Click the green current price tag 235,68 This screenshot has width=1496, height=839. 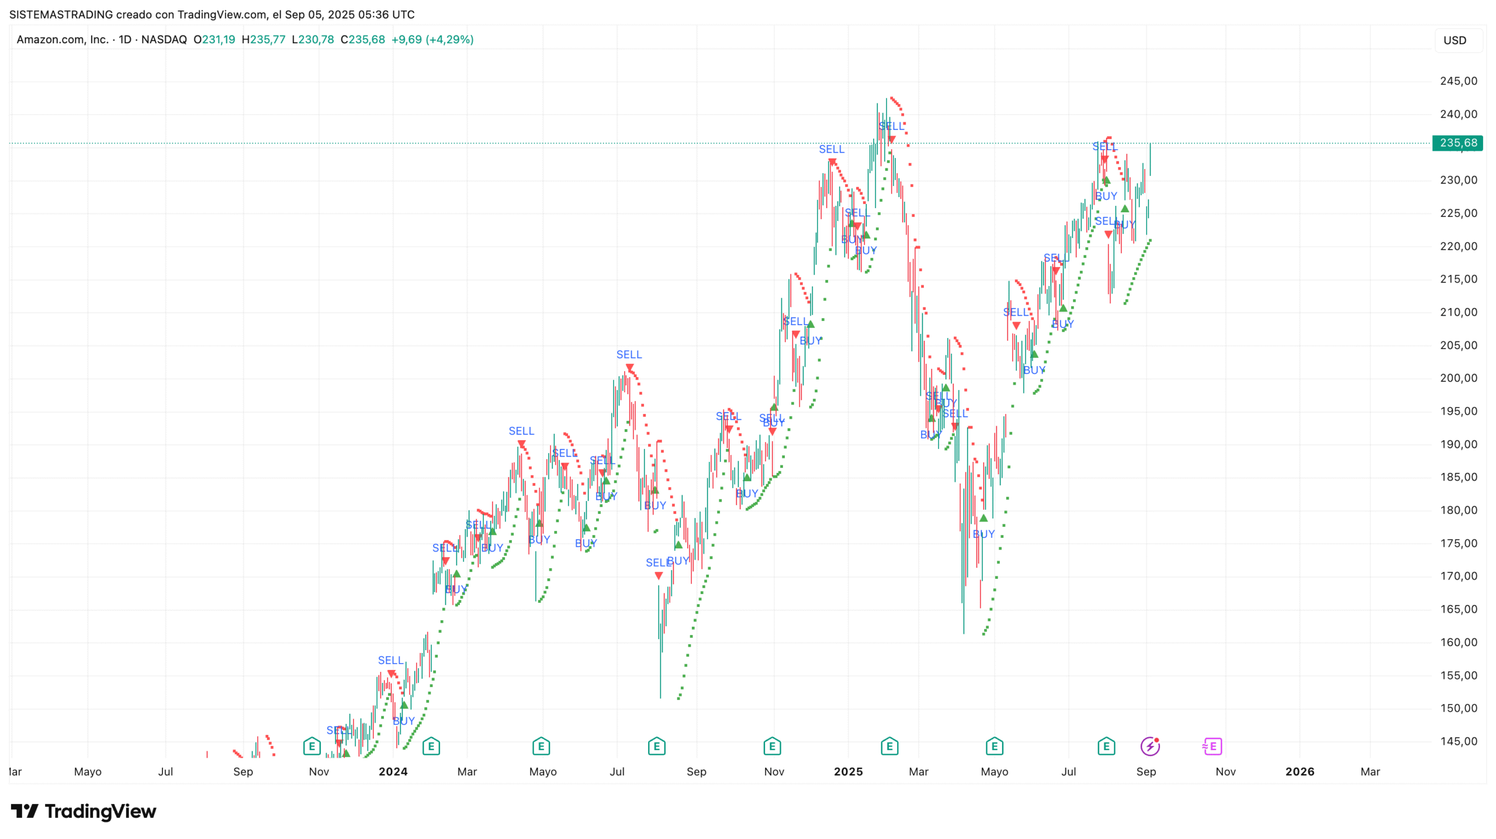[x=1457, y=143]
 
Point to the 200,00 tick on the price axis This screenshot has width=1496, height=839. [x=1458, y=378]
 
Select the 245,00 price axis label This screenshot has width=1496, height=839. [x=1458, y=81]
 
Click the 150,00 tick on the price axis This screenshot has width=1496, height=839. [x=1458, y=707]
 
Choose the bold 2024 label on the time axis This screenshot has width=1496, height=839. [x=393, y=771]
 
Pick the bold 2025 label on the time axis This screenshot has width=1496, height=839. [x=848, y=771]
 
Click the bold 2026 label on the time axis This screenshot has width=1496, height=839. [x=1299, y=771]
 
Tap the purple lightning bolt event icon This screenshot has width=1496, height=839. [x=1149, y=746]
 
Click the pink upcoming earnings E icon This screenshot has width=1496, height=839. [x=1213, y=746]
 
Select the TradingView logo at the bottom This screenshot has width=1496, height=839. [x=84, y=811]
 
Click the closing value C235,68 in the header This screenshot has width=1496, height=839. [x=363, y=40]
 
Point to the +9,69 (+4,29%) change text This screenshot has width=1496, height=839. [x=432, y=40]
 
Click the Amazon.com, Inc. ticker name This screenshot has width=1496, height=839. [x=63, y=40]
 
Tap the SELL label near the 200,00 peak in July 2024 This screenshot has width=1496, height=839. [x=629, y=354]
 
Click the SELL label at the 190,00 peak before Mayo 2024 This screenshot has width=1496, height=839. [x=521, y=431]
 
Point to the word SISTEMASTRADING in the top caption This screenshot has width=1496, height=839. [x=61, y=15]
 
